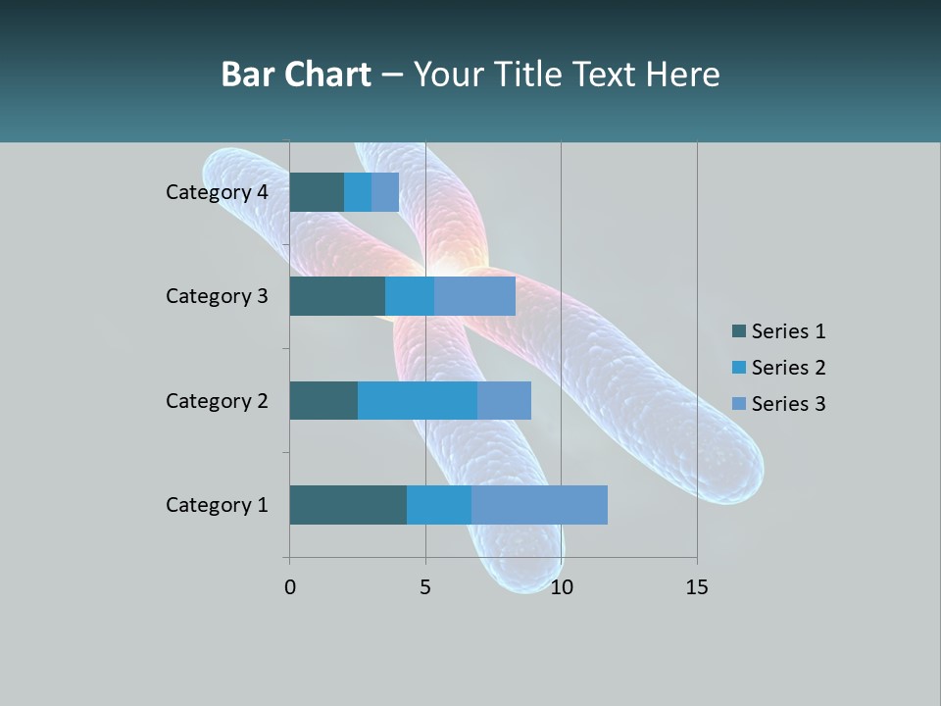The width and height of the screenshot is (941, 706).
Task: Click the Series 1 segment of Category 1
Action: [348, 505]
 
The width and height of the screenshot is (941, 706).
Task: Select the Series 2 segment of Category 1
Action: [439, 505]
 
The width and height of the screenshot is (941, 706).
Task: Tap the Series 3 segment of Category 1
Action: [539, 505]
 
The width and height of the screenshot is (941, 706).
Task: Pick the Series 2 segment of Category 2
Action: [418, 400]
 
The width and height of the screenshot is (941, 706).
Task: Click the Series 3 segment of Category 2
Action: [504, 400]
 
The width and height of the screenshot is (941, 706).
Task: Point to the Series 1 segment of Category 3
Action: [337, 296]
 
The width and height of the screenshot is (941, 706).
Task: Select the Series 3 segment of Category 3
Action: [474, 296]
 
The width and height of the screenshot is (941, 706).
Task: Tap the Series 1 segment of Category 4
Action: [317, 192]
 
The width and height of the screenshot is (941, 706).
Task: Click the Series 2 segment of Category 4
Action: [358, 192]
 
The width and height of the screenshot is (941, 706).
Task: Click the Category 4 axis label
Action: [217, 192]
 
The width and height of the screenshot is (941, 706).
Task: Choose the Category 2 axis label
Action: [217, 400]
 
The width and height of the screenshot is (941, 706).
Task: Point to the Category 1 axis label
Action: [217, 505]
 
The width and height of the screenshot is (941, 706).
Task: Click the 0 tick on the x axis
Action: [290, 587]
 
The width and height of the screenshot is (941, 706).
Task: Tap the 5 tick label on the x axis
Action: [425, 587]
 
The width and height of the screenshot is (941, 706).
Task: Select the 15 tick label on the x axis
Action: [697, 587]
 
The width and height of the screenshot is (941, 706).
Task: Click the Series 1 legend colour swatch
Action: [738, 331]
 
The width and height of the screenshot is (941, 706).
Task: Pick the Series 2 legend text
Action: [788, 368]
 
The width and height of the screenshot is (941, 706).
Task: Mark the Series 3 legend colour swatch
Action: [738, 404]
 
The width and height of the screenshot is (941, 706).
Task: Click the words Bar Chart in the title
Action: [296, 75]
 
